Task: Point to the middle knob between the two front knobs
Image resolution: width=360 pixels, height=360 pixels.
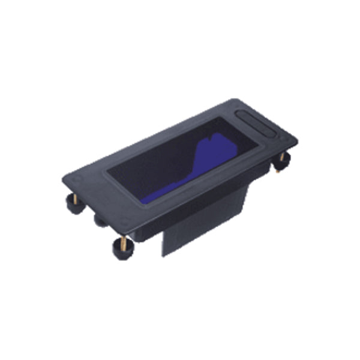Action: pyautogui.click(x=100, y=221)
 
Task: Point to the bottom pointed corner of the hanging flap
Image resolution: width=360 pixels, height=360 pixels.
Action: pyautogui.click(x=163, y=256)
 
